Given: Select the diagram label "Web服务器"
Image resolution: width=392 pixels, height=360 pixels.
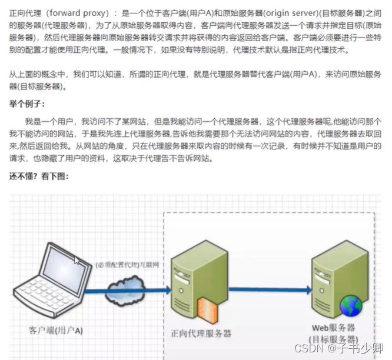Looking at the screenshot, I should [333, 327].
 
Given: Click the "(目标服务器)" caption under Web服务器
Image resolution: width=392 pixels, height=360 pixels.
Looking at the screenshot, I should [333, 339].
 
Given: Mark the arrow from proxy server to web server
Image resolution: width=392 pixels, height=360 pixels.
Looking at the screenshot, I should [268, 289].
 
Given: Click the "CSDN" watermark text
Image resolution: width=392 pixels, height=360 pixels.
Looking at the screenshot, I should [307, 348].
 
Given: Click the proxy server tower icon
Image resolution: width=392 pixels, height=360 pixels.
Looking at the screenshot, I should [194, 276].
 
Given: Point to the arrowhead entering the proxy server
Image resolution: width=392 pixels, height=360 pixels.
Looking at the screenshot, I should [167, 289].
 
